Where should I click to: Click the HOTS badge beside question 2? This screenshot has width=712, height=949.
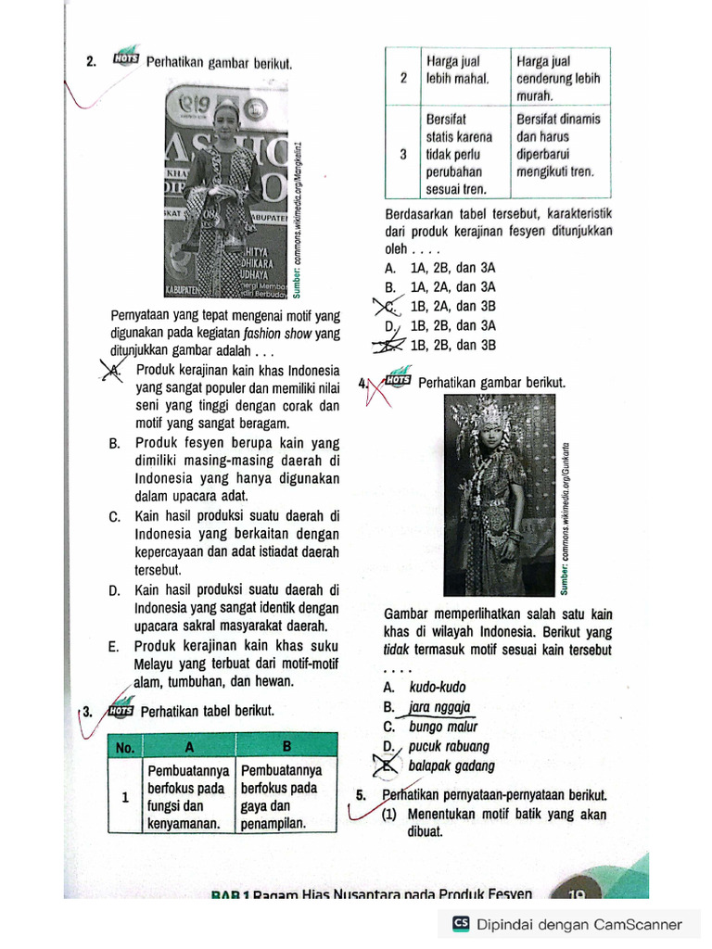(x=125, y=58)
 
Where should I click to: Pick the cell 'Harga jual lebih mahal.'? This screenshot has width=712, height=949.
(x=464, y=70)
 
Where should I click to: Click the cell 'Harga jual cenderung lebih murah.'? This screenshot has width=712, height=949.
(x=559, y=78)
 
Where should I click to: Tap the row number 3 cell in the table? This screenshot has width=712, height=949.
(x=403, y=155)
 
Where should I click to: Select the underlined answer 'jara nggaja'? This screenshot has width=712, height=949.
(x=440, y=707)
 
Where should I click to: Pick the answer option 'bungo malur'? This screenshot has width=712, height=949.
(x=442, y=727)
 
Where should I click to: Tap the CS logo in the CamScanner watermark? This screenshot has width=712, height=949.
(x=461, y=923)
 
